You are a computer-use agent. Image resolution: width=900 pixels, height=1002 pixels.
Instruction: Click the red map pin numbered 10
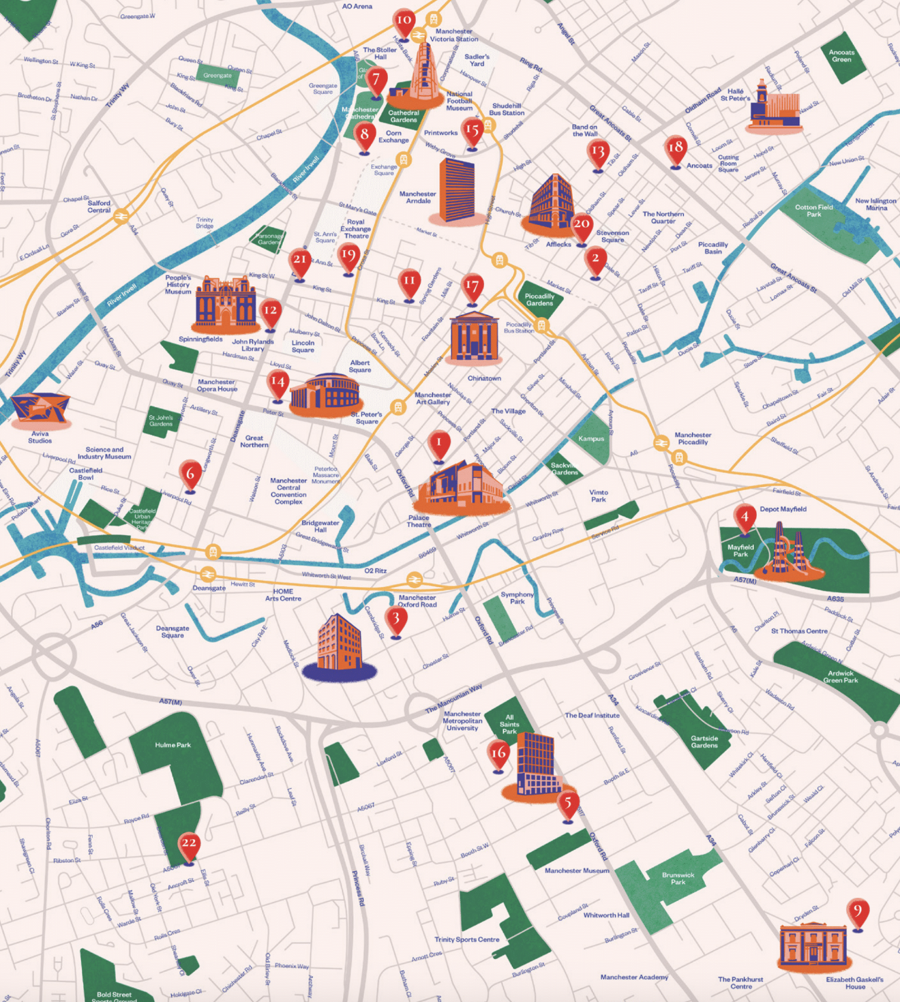[x=404, y=21]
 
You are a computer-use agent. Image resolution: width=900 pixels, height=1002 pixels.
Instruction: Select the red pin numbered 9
[x=858, y=912]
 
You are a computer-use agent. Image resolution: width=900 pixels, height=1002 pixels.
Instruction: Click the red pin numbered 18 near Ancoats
[x=676, y=149]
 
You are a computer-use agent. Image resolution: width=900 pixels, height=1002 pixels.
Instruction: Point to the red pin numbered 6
[x=190, y=474]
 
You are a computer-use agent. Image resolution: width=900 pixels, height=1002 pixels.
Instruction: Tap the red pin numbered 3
[x=396, y=620]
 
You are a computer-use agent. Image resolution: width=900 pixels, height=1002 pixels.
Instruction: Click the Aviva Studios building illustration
[x=41, y=410]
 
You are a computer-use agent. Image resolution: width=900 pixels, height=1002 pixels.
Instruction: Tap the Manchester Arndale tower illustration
[x=457, y=191]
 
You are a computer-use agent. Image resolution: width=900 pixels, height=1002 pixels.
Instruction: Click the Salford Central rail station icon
[x=121, y=216]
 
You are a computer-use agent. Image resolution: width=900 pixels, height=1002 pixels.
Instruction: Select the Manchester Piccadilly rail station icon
[x=660, y=443]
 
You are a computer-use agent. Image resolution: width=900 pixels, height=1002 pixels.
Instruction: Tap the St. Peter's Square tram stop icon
[x=398, y=407]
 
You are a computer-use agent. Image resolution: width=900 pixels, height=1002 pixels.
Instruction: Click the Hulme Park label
[x=172, y=745]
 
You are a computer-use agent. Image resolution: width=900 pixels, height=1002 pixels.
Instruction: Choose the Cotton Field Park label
[x=813, y=211]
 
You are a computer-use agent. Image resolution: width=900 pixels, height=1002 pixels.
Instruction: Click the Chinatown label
[x=484, y=378]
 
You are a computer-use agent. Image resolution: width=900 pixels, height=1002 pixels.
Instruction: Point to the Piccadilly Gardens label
[x=539, y=300]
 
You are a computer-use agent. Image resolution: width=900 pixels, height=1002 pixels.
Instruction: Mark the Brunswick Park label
[x=678, y=878]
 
